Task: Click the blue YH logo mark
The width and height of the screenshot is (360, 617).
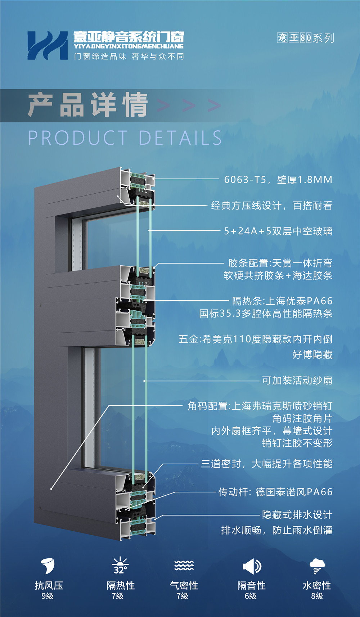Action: (47, 45)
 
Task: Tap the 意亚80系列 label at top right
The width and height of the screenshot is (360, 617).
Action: (306, 38)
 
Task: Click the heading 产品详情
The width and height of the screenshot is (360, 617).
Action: (88, 105)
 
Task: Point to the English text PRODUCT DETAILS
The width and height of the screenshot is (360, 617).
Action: (125, 138)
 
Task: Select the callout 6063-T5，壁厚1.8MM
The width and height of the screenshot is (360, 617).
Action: (278, 180)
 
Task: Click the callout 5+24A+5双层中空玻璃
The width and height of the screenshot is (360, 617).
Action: (278, 231)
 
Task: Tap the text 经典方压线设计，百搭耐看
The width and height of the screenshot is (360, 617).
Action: (271, 206)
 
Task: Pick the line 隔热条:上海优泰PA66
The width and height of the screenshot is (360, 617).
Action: (282, 301)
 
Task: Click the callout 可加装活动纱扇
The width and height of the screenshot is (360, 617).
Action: (297, 380)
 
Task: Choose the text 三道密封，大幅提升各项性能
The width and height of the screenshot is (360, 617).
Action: (266, 464)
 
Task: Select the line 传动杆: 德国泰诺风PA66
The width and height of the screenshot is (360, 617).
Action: (275, 492)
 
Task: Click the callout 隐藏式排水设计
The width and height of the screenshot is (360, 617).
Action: (297, 515)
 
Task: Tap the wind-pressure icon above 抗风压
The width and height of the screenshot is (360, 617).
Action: (48, 566)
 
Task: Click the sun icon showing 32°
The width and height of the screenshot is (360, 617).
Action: (120, 566)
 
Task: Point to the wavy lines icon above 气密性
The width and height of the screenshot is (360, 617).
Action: (184, 566)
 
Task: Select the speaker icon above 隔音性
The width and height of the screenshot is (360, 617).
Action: (252, 566)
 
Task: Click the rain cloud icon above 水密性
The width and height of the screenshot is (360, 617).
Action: (317, 566)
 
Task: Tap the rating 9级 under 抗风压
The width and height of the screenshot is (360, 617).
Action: (48, 596)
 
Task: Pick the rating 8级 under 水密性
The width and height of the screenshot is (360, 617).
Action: (317, 596)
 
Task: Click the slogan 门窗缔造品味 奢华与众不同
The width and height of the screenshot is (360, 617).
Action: (129, 57)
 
